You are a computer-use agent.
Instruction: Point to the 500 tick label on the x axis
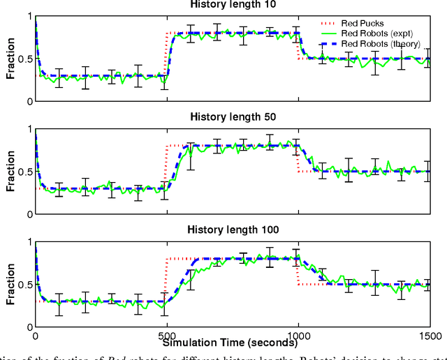coord(167,334)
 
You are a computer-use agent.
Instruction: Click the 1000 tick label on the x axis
coord(298,334)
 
